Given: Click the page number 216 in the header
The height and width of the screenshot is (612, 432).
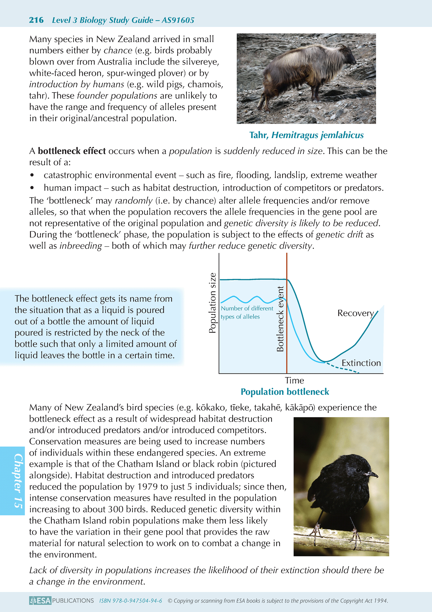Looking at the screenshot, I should [36, 20].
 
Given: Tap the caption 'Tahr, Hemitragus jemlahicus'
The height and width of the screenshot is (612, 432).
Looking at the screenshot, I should [306, 135].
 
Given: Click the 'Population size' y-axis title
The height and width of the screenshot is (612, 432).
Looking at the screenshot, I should [212, 303].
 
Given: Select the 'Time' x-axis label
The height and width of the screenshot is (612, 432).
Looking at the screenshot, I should [294, 380].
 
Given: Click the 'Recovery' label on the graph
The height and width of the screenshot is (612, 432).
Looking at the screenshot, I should [355, 313].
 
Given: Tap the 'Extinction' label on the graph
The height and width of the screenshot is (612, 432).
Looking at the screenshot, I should [361, 363].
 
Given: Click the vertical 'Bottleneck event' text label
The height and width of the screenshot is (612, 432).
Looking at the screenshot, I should [280, 319].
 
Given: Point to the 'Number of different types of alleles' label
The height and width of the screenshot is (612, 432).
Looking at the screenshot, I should [247, 312].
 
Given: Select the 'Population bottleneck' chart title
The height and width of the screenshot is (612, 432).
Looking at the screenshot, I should [285, 392].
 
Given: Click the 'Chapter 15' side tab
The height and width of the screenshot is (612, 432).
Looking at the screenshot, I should [17, 481].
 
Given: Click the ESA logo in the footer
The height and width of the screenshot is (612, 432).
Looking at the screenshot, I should [40, 600].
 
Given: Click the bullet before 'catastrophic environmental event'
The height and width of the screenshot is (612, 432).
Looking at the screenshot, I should [32, 175].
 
